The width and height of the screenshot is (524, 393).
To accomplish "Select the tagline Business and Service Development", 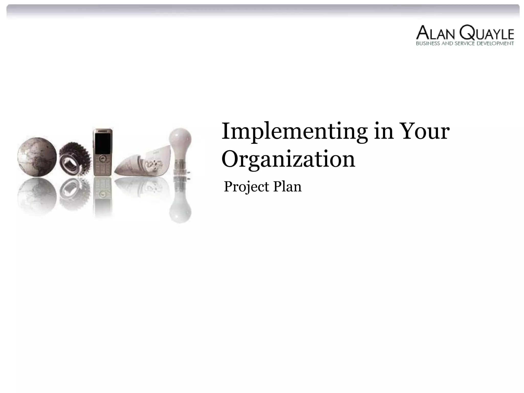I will point(465,43).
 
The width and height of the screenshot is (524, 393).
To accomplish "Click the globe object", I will point(37,157).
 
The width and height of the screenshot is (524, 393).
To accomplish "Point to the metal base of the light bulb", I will point(180,171).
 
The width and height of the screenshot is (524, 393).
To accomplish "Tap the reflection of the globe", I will point(37,194).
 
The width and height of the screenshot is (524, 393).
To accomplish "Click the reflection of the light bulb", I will point(180,205).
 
